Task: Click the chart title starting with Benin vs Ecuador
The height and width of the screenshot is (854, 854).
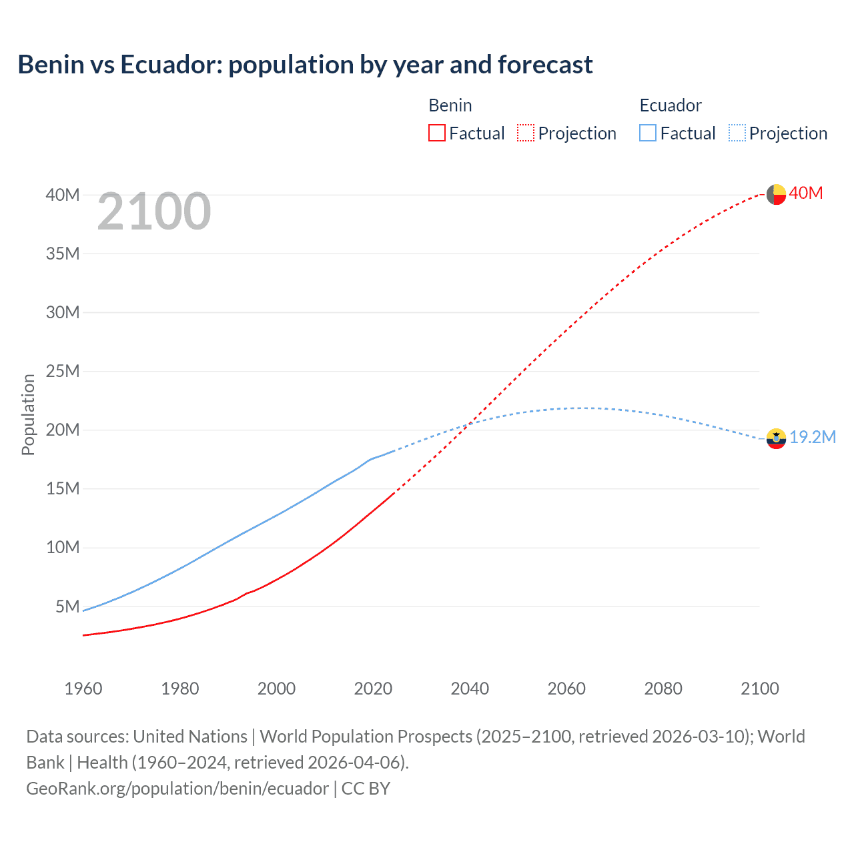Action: [305, 65]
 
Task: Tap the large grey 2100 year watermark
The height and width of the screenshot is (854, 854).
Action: [154, 212]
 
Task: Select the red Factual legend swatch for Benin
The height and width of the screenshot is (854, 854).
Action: [437, 133]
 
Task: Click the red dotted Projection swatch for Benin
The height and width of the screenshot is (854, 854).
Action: [526, 133]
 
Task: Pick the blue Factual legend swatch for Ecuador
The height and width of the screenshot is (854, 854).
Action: [648, 133]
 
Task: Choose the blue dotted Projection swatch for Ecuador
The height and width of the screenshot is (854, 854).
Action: [737, 133]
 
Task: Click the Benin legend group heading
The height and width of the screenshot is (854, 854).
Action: [450, 105]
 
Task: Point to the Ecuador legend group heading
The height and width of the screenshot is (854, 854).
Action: [671, 105]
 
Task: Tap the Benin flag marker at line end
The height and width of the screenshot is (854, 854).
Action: [776, 194]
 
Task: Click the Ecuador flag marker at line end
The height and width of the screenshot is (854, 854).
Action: [776, 438]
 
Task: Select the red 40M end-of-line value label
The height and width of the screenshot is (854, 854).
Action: [806, 193]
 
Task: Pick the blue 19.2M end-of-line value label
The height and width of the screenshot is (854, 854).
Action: [813, 437]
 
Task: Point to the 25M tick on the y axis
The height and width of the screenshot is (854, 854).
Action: [63, 371]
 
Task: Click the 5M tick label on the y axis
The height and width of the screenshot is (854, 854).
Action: [67, 606]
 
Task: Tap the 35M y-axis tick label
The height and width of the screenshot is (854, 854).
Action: [63, 254]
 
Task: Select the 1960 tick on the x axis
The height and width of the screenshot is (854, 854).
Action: [83, 689]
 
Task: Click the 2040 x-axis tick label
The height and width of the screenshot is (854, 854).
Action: [470, 689]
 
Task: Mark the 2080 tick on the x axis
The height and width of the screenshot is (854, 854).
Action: [663, 689]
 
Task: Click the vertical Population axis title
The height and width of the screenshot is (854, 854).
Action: [28, 414]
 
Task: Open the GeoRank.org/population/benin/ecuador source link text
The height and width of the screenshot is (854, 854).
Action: [177, 789]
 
